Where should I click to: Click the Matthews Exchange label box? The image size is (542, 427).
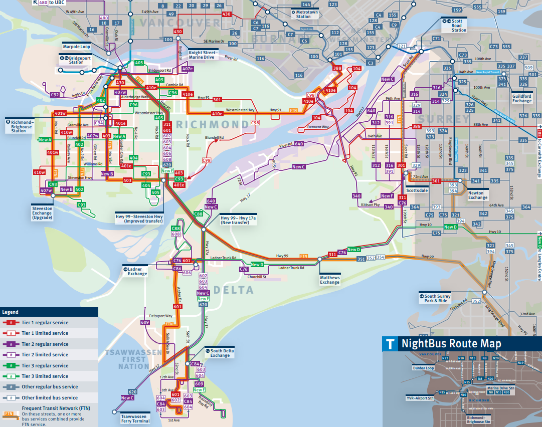click(329, 280)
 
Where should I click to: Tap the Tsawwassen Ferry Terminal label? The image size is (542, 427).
click(135, 418)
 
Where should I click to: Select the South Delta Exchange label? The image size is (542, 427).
click(220, 353)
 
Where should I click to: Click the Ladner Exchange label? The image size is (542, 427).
click(137, 272)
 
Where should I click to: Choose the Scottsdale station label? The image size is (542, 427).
click(417, 190)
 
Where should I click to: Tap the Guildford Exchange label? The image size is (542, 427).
click(522, 98)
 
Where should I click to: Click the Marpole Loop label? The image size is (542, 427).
click(76, 47)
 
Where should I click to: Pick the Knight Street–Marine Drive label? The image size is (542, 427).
click(203, 55)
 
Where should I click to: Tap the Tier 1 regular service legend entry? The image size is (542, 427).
click(45, 323)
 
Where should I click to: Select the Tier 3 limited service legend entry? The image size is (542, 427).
click(45, 376)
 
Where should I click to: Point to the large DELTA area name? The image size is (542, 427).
click(233, 291)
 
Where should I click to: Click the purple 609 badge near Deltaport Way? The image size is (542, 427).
click(145, 322)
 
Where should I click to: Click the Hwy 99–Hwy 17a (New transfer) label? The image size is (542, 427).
click(238, 220)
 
